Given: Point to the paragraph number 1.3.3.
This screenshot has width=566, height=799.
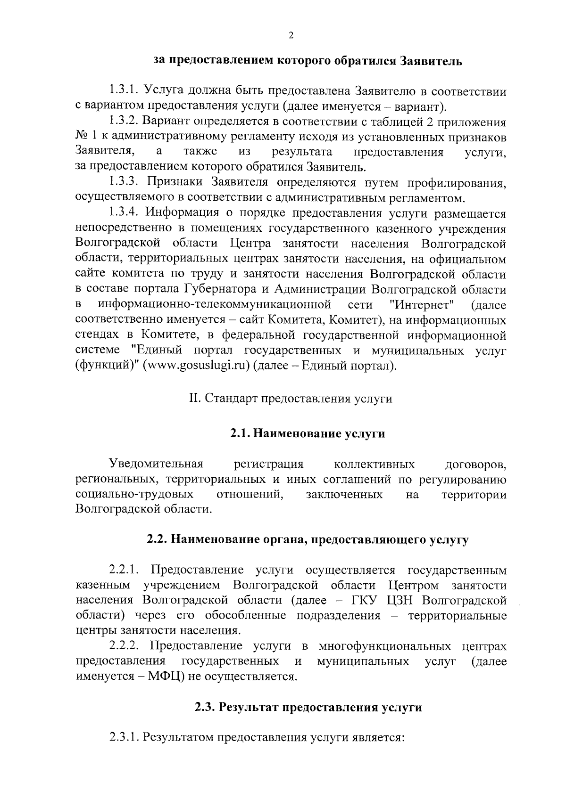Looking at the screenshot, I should point(124,182).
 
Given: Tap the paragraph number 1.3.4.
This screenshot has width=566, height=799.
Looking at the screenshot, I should point(124,214).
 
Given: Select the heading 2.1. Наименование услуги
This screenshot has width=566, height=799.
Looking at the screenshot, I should point(308,434).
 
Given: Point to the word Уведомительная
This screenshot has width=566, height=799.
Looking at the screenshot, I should point(156,465).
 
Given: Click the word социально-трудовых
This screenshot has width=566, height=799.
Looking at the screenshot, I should point(134,495).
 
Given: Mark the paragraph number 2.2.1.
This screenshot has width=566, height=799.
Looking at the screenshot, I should point(124,571).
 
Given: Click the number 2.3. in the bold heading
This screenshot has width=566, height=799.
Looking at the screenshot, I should point(206,708).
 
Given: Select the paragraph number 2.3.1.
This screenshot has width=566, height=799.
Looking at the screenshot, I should point(124,737).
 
